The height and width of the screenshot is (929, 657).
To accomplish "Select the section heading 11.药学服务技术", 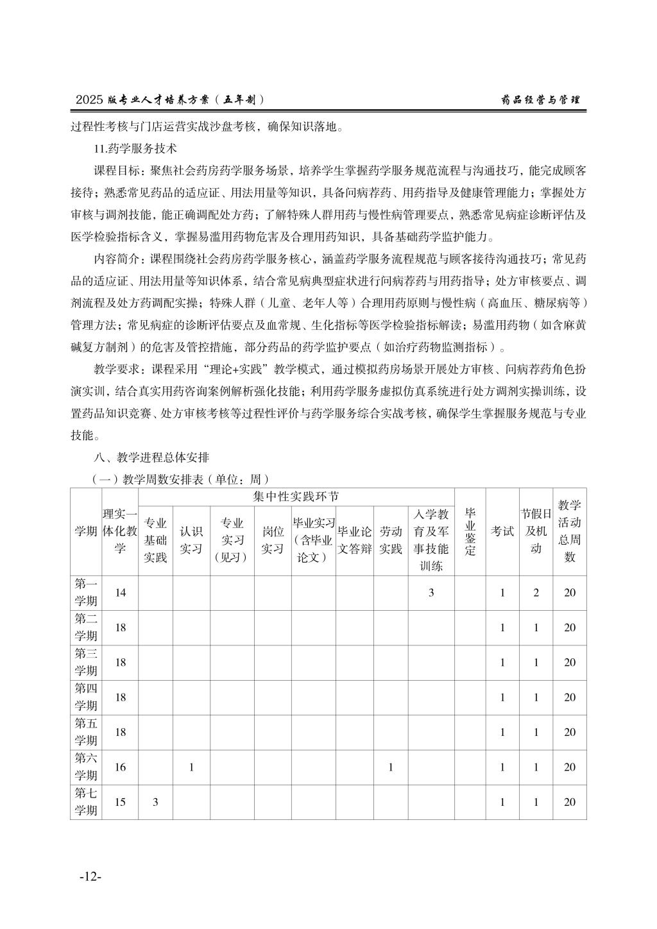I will pyautogui.click(x=135, y=148).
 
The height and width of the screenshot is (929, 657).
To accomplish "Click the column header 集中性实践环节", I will pyautogui.click(x=296, y=497).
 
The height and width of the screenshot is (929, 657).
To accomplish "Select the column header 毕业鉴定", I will pyautogui.click(x=470, y=531).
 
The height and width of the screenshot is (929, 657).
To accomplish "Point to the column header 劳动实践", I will pyautogui.click(x=390, y=540).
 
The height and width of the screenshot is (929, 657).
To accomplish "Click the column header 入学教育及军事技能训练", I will pyautogui.click(x=431, y=540).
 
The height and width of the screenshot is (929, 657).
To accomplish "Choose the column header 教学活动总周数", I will pyautogui.click(x=570, y=531).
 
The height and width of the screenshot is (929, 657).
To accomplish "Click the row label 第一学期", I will pyautogui.click(x=86, y=592).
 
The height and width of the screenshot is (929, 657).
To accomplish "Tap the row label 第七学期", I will pyautogui.click(x=86, y=802).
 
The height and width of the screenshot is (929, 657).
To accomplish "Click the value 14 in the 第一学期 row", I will pyautogui.click(x=121, y=592).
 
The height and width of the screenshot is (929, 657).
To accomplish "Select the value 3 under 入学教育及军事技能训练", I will pyautogui.click(x=431, y=592).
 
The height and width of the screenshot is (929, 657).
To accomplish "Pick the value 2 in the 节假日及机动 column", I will pyautogui.click(x=536, y=592).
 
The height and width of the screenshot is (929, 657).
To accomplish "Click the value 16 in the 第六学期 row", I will pyautogui.click(x=121, y=767).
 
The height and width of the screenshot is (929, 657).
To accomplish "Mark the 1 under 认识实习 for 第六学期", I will pyautogui.click(x=191, y=767).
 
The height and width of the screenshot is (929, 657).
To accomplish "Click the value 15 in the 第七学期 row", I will pyautogui.click(x=121, y=802).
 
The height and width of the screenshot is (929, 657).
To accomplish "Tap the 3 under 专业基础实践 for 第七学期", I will pyautogui.click(x=155, y=802).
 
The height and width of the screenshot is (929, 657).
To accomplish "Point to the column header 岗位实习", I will pyautogui.click(x=273, y=540).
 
